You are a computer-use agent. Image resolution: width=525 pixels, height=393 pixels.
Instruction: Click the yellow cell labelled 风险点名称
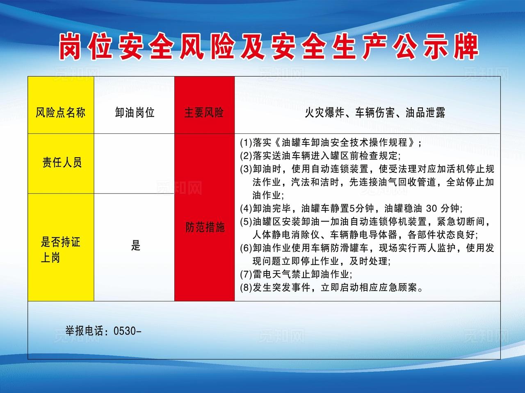click(61, 112)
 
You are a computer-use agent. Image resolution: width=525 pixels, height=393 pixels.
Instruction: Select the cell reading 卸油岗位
click(135, 112)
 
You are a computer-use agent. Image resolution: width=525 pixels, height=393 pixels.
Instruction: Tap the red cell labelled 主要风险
click(204, 112)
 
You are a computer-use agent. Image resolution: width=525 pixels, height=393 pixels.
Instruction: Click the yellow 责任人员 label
click(62, 163)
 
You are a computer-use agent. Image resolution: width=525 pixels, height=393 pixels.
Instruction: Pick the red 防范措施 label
click(205, 227)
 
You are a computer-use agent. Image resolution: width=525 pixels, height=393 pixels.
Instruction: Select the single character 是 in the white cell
click(136, 246)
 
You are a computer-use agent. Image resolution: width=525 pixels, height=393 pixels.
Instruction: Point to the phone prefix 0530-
click(127, 331)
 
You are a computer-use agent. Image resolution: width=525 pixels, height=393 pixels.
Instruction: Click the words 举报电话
click(84, 331)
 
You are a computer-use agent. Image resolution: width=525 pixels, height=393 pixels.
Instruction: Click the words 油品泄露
click(425, 113)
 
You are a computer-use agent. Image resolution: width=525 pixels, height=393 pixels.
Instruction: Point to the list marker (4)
click(246, 208)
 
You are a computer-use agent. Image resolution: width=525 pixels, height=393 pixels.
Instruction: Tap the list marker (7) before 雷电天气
click(246, 274)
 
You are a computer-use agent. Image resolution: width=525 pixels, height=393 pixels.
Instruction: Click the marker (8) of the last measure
click(246, 287)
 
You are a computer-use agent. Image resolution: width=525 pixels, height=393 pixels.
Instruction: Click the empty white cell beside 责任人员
click(134, 163)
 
